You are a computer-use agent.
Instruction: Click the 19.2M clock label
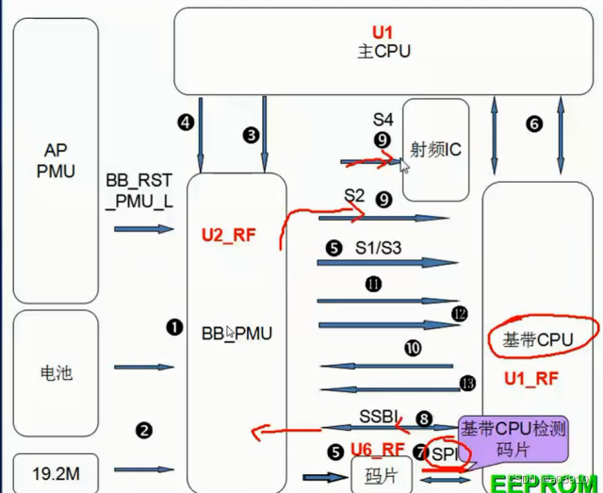tap(56, 468)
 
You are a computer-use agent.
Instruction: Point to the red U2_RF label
tap(228, 236)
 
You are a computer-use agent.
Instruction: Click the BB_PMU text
tap(236, 333)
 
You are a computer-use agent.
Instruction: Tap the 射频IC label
tap(435, 148)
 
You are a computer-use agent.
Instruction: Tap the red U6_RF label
tap(377, 449)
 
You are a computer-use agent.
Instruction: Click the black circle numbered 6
tap(534, 123)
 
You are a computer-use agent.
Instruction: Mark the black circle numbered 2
tap(144, 431)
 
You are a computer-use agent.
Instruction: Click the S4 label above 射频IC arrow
tap(382, 120)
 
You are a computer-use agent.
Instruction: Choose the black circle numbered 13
tap(468, 382)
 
